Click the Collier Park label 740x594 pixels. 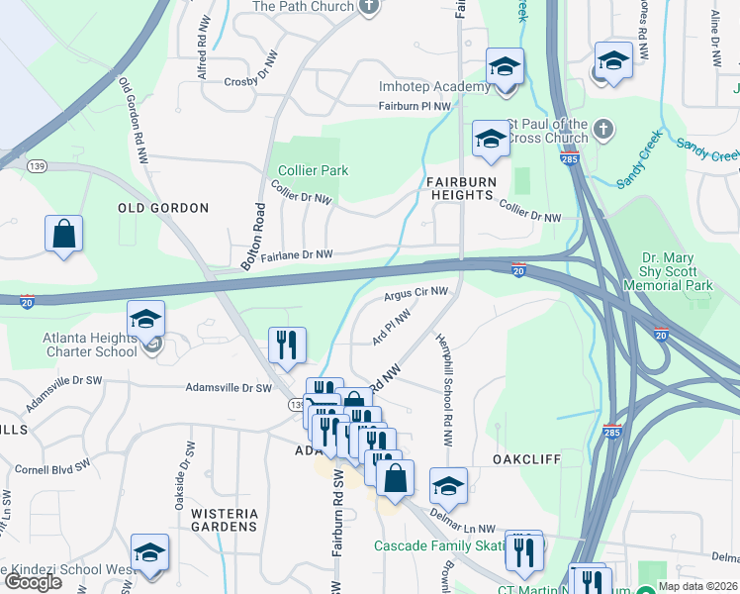point(313,170)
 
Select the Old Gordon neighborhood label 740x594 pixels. point(163,208)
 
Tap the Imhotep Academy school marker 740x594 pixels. point(505,68)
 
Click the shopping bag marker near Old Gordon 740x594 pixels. point(63,236)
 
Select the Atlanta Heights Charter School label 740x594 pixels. point(89,345)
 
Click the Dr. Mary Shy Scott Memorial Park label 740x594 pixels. point(669,271)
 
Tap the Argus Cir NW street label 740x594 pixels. point(416,292)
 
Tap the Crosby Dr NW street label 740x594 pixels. point(255,82)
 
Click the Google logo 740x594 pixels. point(33,582)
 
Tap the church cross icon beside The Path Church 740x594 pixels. point(369,7)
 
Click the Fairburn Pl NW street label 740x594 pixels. point(415,106)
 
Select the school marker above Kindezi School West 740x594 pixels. point(150,553)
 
